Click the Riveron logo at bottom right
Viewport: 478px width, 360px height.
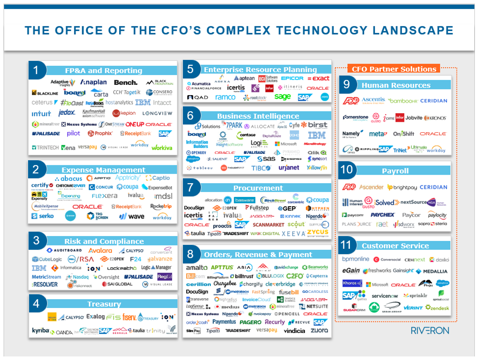point(430,330)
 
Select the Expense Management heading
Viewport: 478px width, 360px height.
point(103,170)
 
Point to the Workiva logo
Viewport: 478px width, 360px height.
point(162,147)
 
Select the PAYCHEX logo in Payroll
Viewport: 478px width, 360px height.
point(382,215)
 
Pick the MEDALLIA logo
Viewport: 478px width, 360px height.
point(432,271)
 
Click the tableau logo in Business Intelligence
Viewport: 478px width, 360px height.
point(200,168)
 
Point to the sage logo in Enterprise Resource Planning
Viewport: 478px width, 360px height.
point(282,96)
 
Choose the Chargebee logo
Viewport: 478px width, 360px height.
point(224,284)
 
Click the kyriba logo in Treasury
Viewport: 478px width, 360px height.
point(40,330)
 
